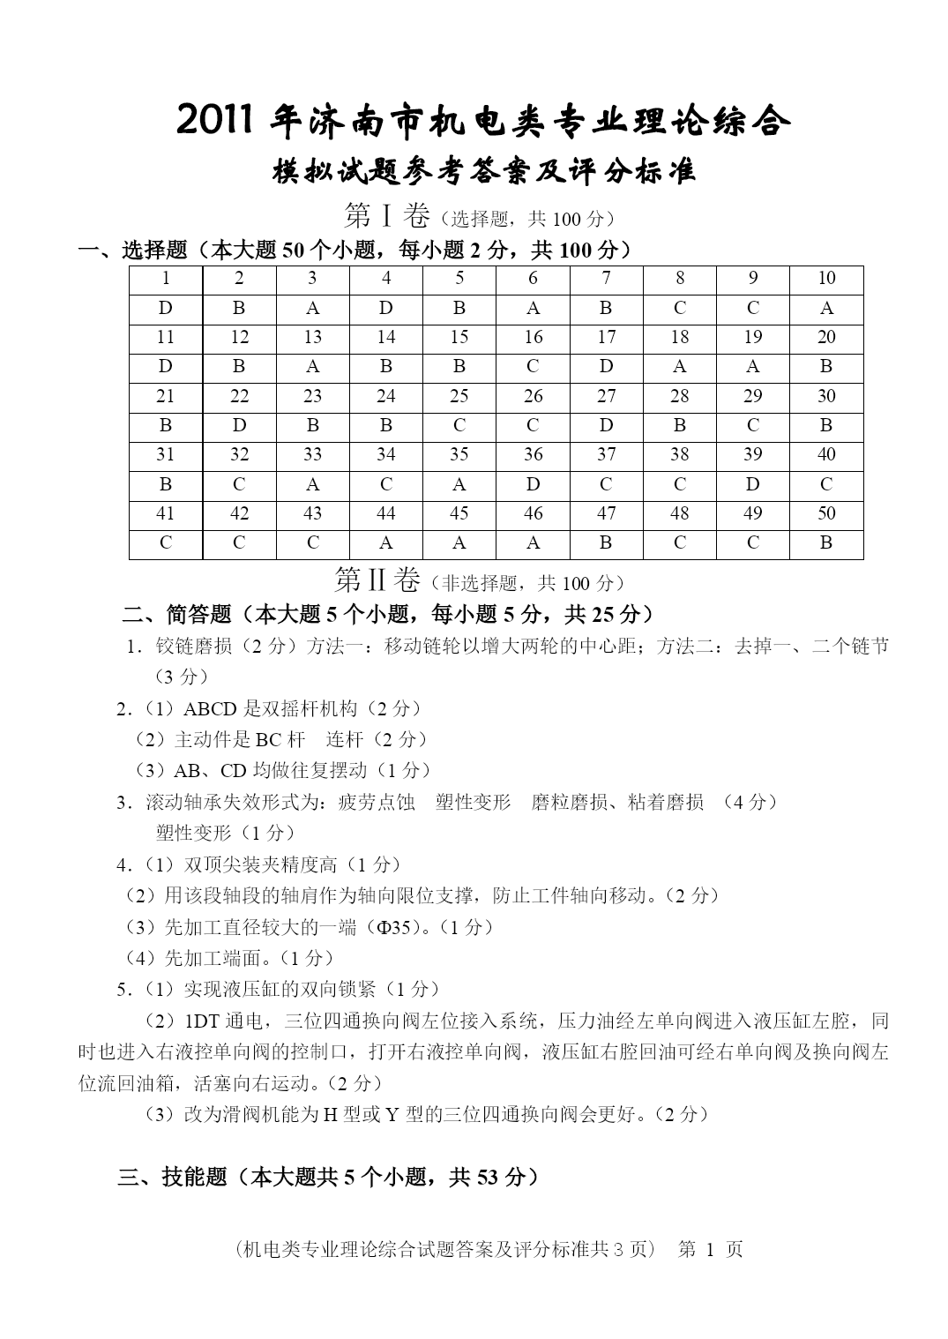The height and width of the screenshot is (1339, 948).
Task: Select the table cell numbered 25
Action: click(459, 396)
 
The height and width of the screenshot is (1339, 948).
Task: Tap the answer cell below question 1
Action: click(166, 308)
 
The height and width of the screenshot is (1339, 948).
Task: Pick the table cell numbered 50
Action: click(826, 513)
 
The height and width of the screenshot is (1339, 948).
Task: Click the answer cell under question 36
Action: click(533, 484)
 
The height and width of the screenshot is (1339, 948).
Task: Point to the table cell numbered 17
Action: click(606, 337)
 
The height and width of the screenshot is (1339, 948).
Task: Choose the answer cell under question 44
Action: click(386, 543)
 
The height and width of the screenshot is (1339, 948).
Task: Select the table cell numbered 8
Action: click(680, 279)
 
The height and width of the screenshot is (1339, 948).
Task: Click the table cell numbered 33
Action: click(313, 454)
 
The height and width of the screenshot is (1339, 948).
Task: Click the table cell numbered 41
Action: click(166, 513)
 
